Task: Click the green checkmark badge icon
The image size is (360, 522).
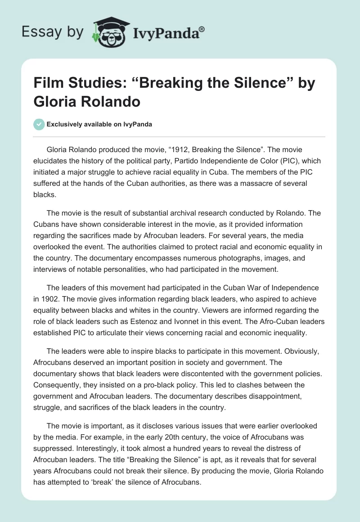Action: point(39,124)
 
